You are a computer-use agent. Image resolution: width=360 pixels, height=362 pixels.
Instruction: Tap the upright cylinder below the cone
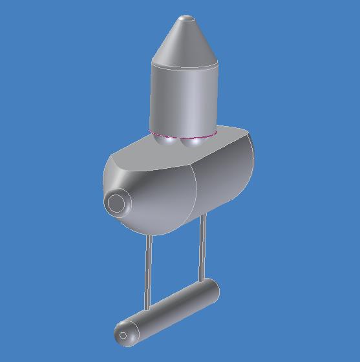(x=184, y=97)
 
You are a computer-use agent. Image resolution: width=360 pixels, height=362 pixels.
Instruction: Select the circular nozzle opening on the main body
(x=116, y=203)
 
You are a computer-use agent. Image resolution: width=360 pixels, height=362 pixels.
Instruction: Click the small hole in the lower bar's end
(x=123, y=335)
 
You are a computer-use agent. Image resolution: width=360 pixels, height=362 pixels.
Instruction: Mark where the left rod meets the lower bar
(x=148, y=309)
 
